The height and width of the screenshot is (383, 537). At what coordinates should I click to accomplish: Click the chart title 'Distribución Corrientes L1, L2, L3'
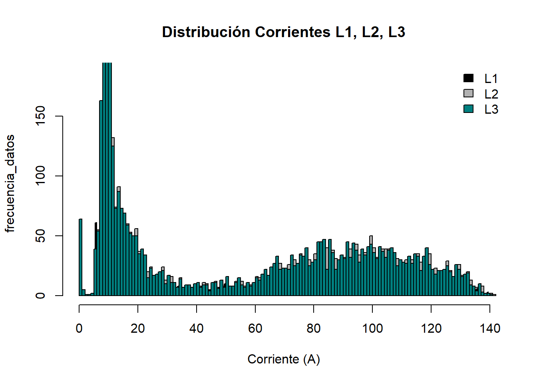click(284, 32)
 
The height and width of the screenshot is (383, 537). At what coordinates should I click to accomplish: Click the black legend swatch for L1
click(468, 78)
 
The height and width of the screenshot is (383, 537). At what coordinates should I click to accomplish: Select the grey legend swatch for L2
click(468, 93)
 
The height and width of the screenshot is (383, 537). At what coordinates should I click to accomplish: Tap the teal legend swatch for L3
click(468, 109)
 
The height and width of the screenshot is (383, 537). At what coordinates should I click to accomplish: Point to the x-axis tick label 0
click(79, 328)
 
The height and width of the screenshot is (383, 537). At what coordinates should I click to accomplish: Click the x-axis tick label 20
click(138, 328)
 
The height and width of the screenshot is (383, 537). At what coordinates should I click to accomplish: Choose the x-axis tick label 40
click(197, 328)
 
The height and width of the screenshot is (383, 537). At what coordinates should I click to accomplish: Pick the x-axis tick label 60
click(255, 328)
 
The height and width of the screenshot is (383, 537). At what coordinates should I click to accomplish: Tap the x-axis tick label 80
click(314, 328)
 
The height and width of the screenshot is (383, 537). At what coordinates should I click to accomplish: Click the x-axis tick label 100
click(372, 328)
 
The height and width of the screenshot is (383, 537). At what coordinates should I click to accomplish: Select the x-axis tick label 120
click(431, 328)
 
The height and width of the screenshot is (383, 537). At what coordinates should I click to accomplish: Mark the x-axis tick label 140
click(490, 328)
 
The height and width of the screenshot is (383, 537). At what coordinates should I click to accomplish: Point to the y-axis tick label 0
click(40, 296)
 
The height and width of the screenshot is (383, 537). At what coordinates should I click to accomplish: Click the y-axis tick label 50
click(40, 236)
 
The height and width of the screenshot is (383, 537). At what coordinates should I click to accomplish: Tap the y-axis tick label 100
click(40, 176)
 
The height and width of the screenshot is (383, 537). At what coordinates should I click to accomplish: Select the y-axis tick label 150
click(40, 116)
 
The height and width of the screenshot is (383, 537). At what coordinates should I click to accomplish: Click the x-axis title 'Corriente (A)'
click(284, 359)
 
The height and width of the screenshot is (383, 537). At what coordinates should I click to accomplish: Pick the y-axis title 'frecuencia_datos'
click(10, 184)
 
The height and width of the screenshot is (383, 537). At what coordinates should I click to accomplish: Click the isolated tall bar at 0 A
click(80, 257)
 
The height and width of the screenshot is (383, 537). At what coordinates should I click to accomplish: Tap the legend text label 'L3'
click(491, 109)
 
